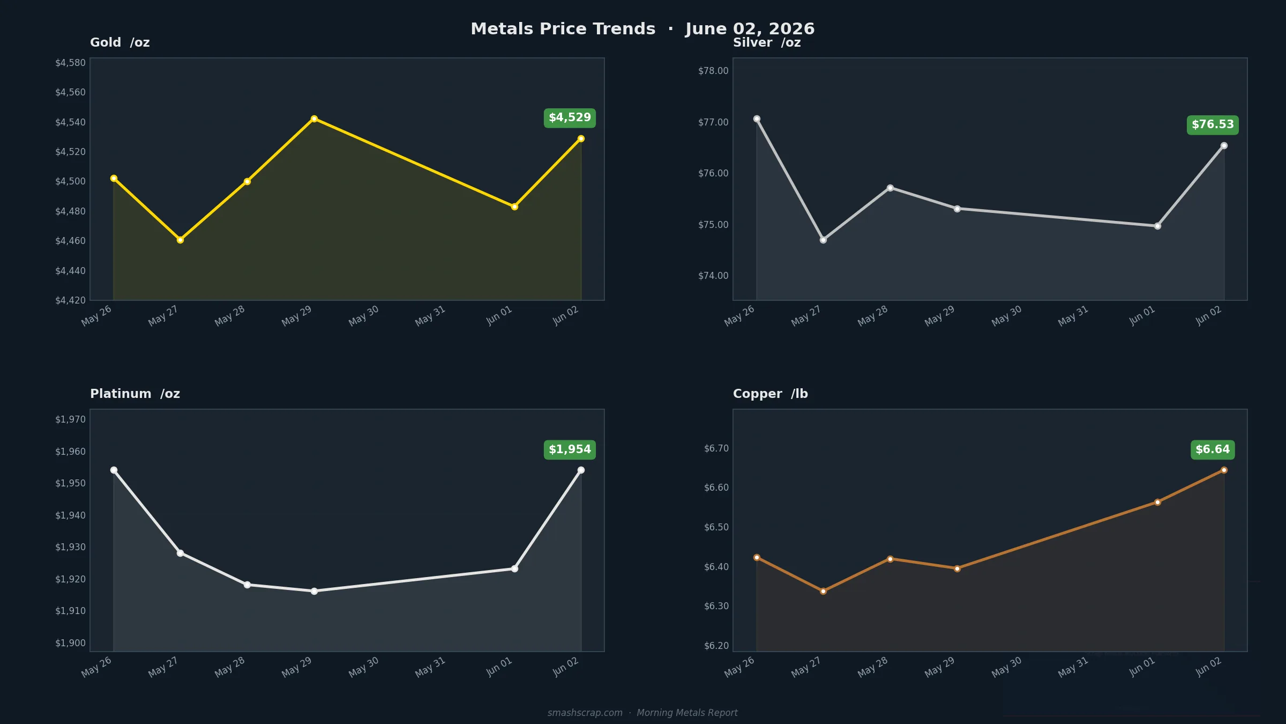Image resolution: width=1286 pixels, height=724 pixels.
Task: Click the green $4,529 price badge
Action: [570, 118]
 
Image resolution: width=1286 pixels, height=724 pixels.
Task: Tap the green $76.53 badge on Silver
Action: [1213, 125]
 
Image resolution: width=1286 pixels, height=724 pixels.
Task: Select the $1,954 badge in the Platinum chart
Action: [570, 449]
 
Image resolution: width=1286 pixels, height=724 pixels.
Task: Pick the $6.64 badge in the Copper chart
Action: [1213, 449]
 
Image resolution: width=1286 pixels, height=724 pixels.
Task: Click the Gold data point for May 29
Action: [314, 119]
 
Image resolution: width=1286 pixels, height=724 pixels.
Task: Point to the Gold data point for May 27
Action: [180, 240]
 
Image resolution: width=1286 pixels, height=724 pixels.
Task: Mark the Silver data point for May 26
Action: [757, 119]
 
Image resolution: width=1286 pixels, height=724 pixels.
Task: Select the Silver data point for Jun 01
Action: [1157, 226]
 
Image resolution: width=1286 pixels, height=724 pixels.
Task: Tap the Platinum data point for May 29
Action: [314, 591]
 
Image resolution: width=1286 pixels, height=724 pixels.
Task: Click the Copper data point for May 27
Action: [823, 591]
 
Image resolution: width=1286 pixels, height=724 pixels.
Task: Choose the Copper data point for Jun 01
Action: [1157, 502]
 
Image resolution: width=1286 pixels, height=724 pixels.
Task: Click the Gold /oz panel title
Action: [120, 42]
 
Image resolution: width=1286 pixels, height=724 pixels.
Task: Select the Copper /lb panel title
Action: [771, 394]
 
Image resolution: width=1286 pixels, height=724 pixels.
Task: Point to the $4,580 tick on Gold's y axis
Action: [70, 63]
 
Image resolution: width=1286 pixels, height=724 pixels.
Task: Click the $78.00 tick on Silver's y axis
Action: [713, 71]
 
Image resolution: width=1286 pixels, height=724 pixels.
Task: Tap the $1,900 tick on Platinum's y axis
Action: [70, 643]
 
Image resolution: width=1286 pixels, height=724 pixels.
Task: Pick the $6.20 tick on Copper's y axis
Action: [716, 646]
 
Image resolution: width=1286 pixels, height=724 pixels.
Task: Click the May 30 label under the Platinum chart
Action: [364, 667]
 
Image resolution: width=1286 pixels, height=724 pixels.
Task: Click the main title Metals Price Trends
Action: [563, 29]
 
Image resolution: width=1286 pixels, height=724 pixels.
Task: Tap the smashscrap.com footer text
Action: [585, 713]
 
